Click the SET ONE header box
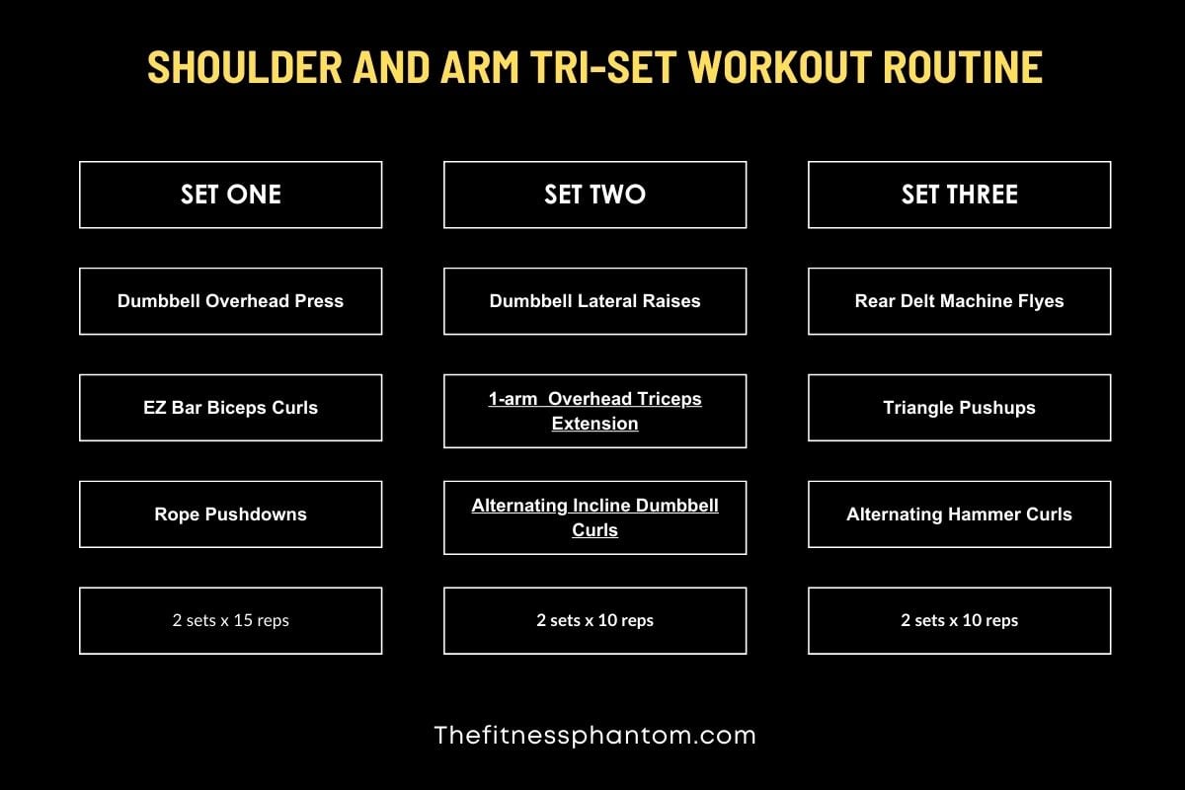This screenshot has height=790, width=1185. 230,195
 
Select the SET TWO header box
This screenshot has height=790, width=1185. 594,195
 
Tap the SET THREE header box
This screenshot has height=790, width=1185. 959,195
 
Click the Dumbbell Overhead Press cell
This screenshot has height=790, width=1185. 230,301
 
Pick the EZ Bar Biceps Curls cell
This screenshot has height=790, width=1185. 230,408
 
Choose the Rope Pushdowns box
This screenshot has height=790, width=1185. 230,514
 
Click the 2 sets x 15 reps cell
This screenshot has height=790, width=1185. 230,621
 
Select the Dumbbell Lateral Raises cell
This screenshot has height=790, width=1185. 594,301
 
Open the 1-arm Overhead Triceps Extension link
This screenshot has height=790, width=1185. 594,411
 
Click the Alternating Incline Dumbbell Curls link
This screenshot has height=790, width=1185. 594,517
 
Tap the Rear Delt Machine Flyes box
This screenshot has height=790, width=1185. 959,301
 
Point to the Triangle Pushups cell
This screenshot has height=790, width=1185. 959,408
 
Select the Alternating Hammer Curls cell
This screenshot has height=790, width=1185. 959,514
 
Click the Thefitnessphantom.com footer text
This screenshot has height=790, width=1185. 594,735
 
